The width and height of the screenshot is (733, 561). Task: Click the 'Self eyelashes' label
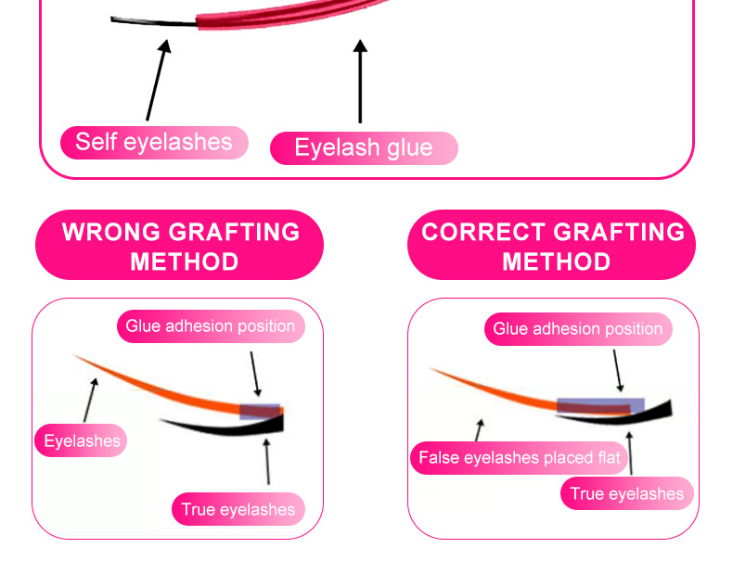[154, 142]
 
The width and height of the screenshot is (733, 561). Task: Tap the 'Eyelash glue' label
[364, 147]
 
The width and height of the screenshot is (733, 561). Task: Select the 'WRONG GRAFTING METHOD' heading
[180, 246]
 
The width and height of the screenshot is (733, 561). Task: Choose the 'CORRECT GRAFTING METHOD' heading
[552, 246]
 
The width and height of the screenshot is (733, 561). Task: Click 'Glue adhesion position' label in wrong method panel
[211, 326]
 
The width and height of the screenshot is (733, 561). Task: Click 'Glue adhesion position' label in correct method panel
[577, 329]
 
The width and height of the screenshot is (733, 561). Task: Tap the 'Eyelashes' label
[83, 440]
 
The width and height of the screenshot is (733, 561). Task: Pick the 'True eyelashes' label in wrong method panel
[238, 509]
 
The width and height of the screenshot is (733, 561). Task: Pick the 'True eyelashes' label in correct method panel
[627, 493]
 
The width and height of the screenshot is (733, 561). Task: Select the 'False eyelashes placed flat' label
[520, 458]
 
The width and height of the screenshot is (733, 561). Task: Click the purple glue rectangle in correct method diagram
[600, 405]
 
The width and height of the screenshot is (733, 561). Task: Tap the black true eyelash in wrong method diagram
[232, 426]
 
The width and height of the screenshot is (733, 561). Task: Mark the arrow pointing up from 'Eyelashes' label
[90, 400]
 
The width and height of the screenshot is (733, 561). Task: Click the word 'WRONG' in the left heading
[111, 231]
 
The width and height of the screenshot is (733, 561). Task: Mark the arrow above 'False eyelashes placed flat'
[479, 428]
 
